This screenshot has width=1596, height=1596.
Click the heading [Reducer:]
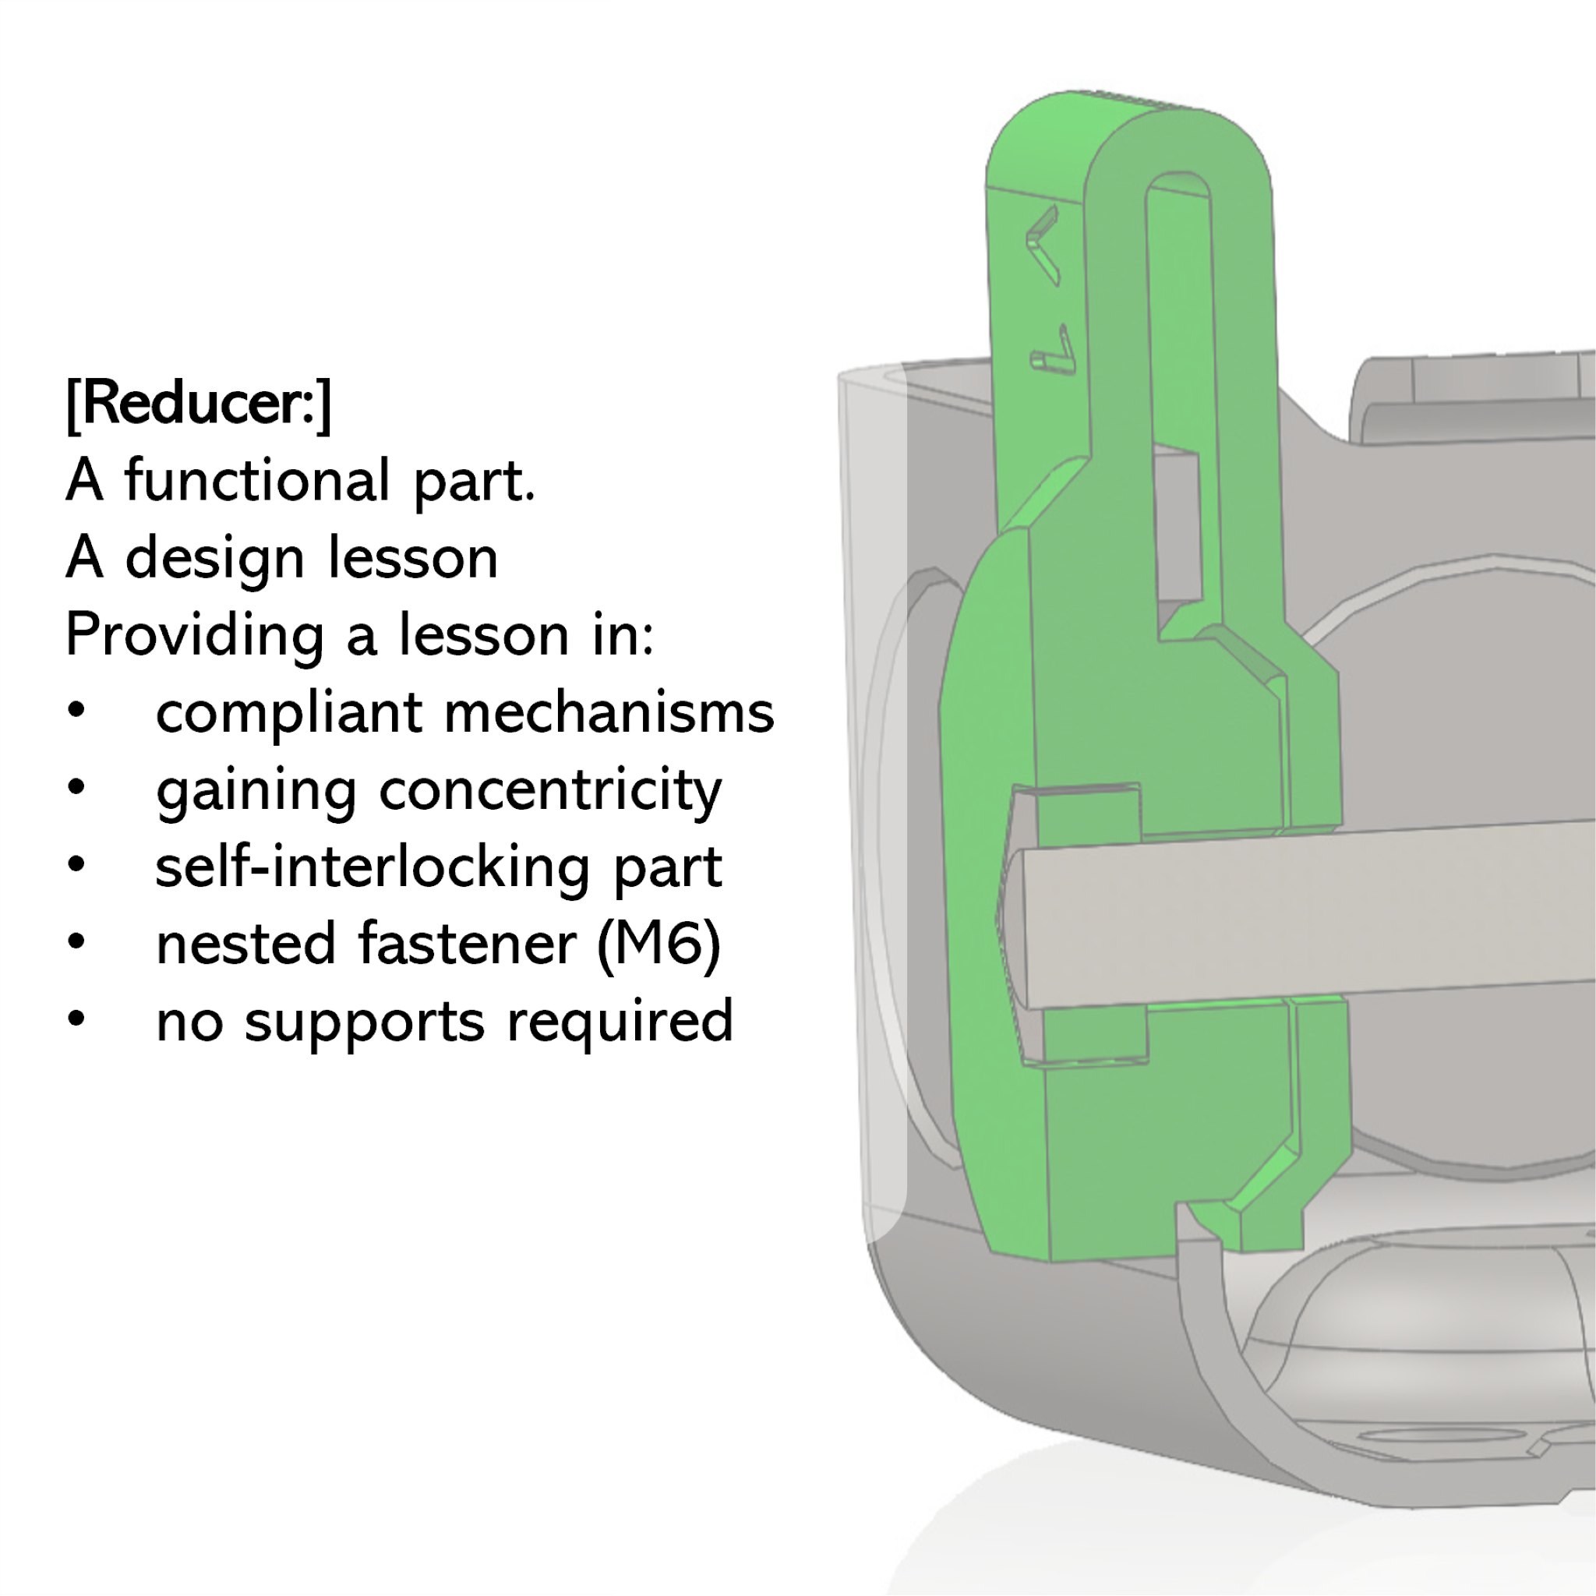(x=198, y=404)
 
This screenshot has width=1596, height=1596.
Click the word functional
(x=257, y=481)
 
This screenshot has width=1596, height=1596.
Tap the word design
(x=217, y=559)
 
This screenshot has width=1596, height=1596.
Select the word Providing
(x=194, y=637)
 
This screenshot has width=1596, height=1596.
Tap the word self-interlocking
(x=372, y=868)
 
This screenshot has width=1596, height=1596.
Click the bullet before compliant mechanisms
(x=77, y=712)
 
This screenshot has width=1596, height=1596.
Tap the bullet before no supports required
(x=77, y=1019)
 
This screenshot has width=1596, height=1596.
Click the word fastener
(x=467, y=944)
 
